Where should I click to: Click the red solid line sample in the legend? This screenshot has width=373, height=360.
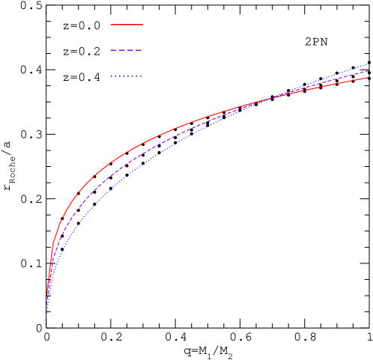127,25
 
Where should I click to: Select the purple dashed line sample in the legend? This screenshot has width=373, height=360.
127,50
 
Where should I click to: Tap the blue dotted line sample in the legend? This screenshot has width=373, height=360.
127,76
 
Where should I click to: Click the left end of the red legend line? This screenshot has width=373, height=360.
111,25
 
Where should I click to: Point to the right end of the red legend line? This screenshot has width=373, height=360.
143,25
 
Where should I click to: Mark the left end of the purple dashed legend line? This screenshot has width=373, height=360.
111,50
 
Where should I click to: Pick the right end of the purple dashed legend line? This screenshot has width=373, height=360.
142,50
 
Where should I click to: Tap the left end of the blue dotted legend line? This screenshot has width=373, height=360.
111,76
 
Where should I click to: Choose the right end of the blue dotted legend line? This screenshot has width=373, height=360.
142,76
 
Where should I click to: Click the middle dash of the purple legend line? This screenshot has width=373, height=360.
127,50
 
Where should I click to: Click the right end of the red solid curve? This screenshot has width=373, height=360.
368,78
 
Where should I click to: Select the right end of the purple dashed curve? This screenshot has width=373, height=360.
368,71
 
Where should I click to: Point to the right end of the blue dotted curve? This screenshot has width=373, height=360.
368,64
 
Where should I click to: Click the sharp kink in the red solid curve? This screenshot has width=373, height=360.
52,245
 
